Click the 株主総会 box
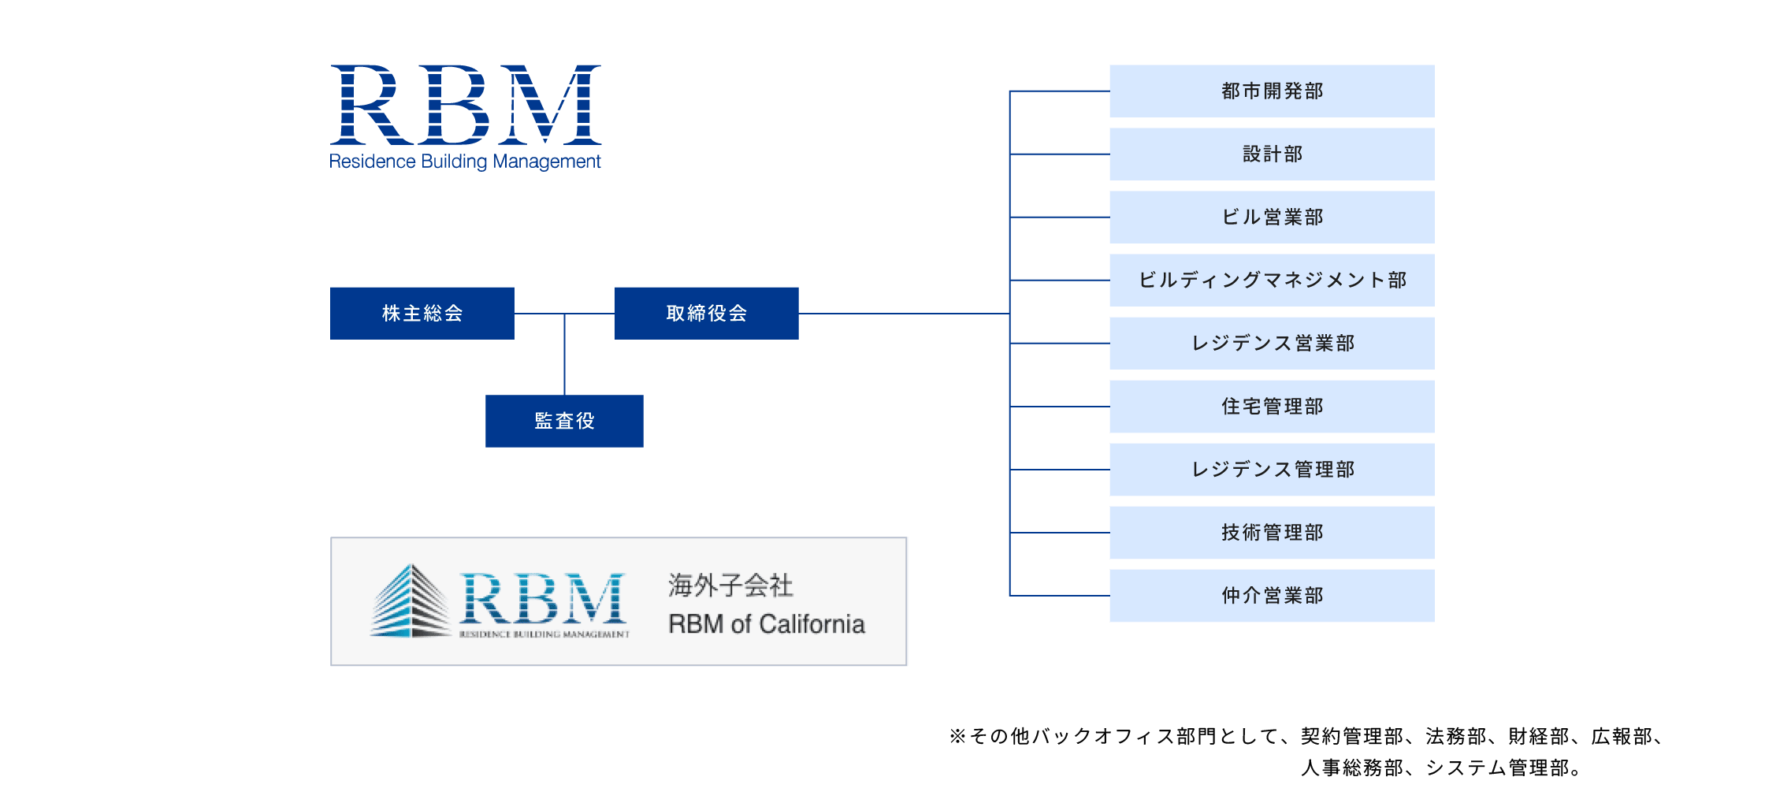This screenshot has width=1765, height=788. click(422, 313)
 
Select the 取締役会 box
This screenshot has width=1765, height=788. click(706, 313)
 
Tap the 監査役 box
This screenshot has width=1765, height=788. click(564, 421)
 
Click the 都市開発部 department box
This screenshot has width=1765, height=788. click(1272, 91)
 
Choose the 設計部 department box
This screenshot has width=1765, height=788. click(1272, 154)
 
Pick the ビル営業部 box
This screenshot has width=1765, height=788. click(1272, 217)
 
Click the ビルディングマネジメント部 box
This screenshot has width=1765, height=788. click(1272, 280)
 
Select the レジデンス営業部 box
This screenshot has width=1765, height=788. click(1272, 343)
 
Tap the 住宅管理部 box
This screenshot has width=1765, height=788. click(1272, 406)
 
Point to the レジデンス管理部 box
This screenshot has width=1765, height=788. click(1272, 469)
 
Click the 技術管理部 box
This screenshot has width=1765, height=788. click(1272, 532)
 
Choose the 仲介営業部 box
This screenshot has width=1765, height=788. click(1272, 595)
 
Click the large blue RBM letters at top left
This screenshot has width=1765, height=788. click(465, 106)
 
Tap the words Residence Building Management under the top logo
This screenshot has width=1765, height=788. click(465, 162)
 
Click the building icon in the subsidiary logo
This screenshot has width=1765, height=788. click(409, 602)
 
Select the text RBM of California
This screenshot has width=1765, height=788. click(766, 624)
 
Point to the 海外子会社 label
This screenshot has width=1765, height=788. click(730, 585)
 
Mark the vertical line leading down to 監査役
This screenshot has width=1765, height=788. click(564, 355)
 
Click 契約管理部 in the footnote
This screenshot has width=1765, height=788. click(1351, 736)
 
